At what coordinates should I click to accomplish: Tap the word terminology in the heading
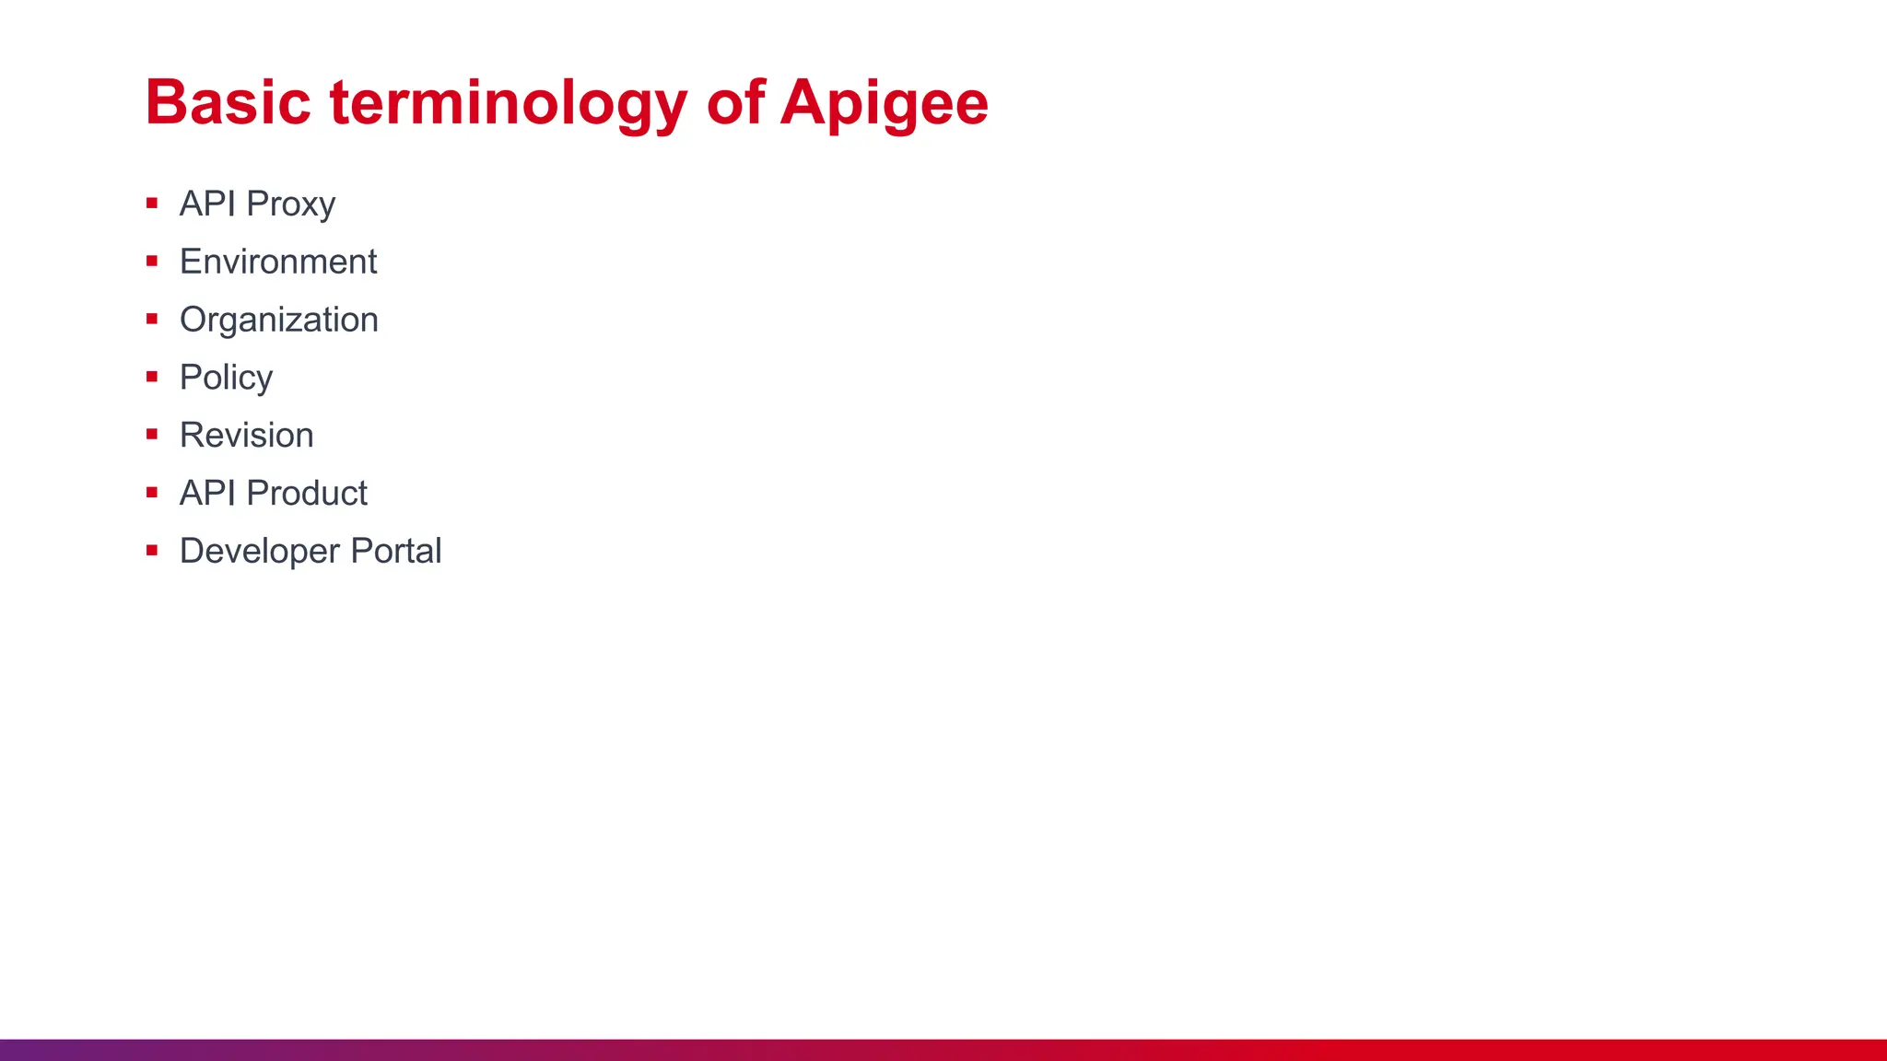click(x=508, y=103)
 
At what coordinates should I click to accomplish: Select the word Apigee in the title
click(x=884, y=103)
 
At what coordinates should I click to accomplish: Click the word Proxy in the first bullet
click(x=290, y=204)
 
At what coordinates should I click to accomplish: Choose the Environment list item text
click(x=278, y=262)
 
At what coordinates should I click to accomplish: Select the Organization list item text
click(x=278, y=320)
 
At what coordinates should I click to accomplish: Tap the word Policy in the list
click(x=226, y=378)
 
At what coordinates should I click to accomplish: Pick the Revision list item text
click(x=246, y=435)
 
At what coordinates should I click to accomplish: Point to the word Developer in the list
click(x=260, y=552)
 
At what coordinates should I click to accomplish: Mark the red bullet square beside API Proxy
click(x=152, y=203)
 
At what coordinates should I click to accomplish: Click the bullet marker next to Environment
click(x=152, y=261)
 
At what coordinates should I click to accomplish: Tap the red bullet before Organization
click(x=152, y=319)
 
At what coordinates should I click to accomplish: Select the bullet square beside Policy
click(x=152, y=377)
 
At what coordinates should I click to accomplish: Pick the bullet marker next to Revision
click(x=152, y=435)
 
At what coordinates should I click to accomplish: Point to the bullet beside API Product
click(x=152, y=493)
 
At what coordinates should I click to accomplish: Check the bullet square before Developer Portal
click(x=152, y=551)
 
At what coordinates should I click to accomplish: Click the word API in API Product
click(x=207, y=493)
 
